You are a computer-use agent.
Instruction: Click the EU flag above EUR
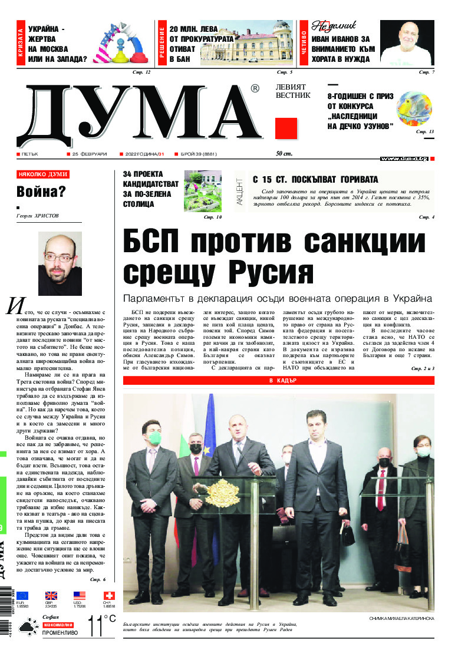point(22,596)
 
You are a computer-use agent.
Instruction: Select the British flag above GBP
point(51,596)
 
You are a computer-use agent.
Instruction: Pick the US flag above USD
point(80,596)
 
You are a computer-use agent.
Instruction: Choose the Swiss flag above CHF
point(108,596)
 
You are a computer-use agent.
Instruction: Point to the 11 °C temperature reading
point(101,626)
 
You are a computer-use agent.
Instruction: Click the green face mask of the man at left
point(154,438)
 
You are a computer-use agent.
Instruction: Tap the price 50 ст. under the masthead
point(284,154)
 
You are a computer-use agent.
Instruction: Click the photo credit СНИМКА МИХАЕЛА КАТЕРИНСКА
point(401,619)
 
